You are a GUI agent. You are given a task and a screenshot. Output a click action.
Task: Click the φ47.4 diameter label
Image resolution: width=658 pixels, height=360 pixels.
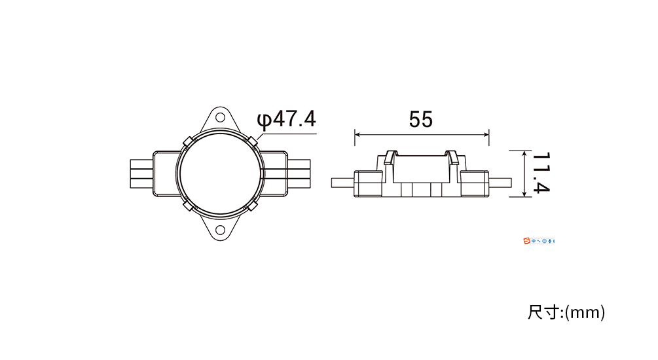(x=286, y=119)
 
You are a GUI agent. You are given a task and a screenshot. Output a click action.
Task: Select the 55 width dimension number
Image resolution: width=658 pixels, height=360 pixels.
(x=421, y=120)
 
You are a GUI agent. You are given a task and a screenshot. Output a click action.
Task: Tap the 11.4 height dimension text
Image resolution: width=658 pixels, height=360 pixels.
(x=541, y=173)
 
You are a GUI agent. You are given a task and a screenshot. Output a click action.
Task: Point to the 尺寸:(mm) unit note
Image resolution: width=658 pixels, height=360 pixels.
(x=566, y=313)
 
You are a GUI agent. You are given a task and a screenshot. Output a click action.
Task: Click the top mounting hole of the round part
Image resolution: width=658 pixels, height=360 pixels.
(x=220, y=117)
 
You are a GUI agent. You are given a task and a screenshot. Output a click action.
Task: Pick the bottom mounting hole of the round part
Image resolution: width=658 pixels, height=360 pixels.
(x=220, y=230)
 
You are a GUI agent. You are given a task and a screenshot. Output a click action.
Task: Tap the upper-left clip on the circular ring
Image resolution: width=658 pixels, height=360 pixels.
(x=188, y=141)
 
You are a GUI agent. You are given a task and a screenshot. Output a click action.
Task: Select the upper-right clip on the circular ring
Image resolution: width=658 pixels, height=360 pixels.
(x=252, y=141)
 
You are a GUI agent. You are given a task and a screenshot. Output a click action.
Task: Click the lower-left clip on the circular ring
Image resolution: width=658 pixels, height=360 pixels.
(x=188, y=206)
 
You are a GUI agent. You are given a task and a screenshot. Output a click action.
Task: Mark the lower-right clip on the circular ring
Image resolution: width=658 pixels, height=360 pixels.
(x=252, y=206)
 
